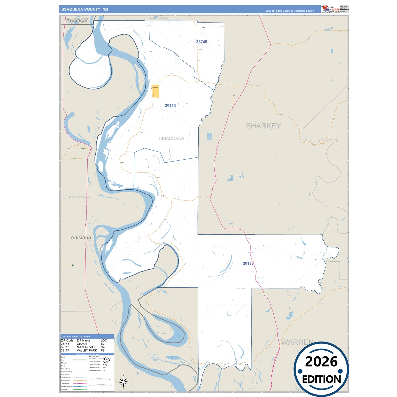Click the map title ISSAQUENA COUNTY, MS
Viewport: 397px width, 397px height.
click(84, 9)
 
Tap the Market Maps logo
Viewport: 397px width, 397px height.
click(331, 9)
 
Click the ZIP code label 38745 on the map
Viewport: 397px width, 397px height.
click(201, 42)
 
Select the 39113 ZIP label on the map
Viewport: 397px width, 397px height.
click(170, 106)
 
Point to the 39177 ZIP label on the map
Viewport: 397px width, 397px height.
click(248, 264)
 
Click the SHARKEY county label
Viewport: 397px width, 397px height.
click(263, 126)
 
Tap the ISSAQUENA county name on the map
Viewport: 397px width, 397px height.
click(171, 138)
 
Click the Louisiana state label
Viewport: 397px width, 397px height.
click(79, 237)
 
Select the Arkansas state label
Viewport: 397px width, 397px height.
click(77, 21)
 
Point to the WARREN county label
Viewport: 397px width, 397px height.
click(297, 342)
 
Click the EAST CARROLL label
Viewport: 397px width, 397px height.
click(79, 197)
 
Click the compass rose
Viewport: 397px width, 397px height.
click(123, 382)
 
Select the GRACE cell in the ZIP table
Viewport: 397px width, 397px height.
click(82, 344)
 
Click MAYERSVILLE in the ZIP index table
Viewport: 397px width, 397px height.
click(87, 347)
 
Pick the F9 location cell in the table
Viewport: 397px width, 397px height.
click(102, 350)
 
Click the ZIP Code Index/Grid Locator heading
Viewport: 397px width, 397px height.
click(76, 337)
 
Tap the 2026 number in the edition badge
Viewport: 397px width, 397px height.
click(321, 362)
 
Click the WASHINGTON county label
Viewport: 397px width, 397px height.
click(159, 18)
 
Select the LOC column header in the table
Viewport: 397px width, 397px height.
click(104, 340)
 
